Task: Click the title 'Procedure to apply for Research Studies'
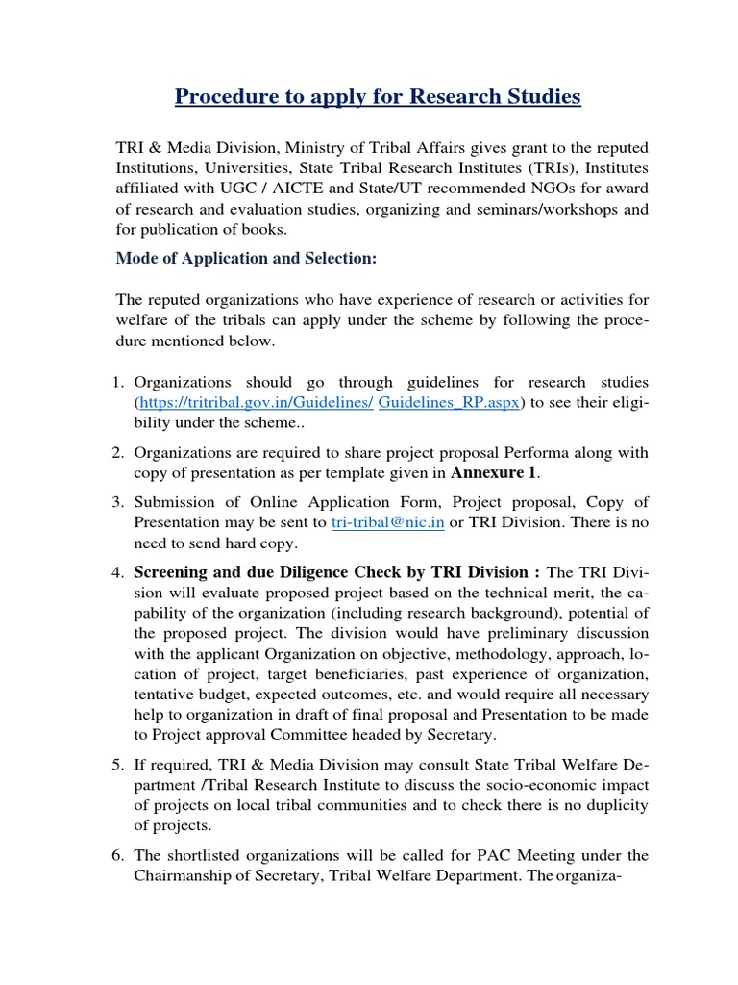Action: [x=377, y=97]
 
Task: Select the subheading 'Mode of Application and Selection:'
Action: [x=246, y=259]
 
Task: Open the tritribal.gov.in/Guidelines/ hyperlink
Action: [x=256, y=403]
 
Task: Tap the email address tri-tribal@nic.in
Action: [x=387, y=522]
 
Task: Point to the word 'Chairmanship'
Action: [x=179, y=875]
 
